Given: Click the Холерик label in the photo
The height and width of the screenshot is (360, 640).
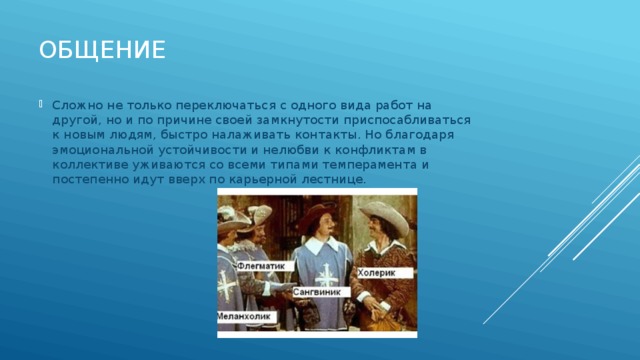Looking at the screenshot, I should (x=379, y=270).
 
